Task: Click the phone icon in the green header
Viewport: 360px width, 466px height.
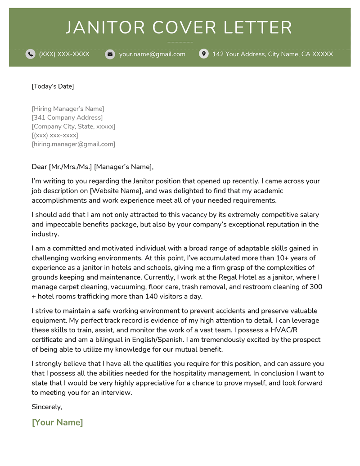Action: tap(30, 54)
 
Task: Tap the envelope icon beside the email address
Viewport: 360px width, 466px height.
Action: tap(110, 54)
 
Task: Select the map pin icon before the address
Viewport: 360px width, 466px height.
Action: tap(204, 54)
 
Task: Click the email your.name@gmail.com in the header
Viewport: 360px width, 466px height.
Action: tap(152, 54)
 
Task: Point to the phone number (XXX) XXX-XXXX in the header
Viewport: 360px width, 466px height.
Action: tap(64, 54)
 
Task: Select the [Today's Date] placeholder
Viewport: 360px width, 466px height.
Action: tap(53, 86)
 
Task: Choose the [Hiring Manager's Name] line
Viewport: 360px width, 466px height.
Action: tap(68, 109)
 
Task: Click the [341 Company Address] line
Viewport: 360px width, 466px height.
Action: tap(67, 118)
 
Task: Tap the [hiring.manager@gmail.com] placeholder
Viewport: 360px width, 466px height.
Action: tap(73, 145)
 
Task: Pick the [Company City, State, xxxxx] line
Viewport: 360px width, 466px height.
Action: tap(73, 127)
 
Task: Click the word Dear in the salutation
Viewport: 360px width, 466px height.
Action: tap(39, 167)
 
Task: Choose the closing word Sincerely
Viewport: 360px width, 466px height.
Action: tap(47, 407)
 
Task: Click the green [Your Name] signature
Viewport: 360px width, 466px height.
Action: tap(58, 423)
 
